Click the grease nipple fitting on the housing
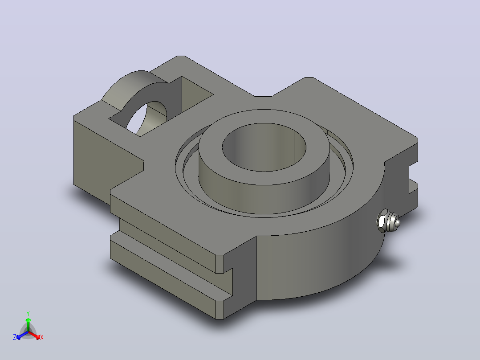coord(387,221)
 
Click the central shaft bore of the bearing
coord(264,147)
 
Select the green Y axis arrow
coord(28,325)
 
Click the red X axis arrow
coord(34,335)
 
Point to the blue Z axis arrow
coord(22,335)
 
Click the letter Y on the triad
coord(28,314)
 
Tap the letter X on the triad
coord(42,337)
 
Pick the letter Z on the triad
coord(15,337)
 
